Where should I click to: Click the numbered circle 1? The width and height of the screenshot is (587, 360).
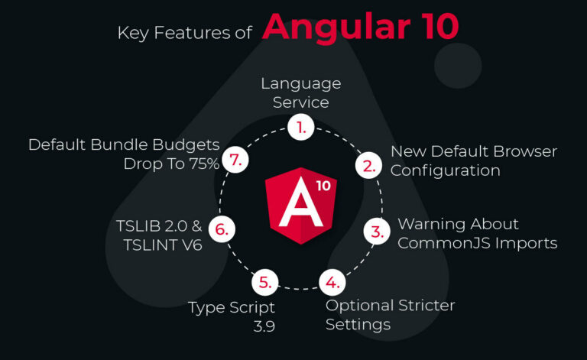[301, 127]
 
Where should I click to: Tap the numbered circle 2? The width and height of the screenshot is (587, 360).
[368, 165]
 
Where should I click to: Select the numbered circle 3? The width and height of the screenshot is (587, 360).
[377, 232]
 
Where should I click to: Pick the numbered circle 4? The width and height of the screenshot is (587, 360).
[332, 282]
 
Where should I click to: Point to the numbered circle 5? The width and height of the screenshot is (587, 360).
[265, 282]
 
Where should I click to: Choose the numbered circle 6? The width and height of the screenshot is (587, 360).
[222, 229]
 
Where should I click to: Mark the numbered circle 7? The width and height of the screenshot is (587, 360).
[235, 160]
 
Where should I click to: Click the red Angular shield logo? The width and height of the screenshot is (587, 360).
[301, 206]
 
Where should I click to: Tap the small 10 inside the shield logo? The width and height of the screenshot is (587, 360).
[323, 186]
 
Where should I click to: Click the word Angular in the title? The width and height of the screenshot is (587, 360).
[336, 28]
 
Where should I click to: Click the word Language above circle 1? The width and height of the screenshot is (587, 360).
[301, 84]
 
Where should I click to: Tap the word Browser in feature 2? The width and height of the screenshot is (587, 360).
[525, 151]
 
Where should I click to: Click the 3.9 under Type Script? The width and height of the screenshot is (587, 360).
[264, 326]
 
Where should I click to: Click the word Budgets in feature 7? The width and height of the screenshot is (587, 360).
[186, 145]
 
